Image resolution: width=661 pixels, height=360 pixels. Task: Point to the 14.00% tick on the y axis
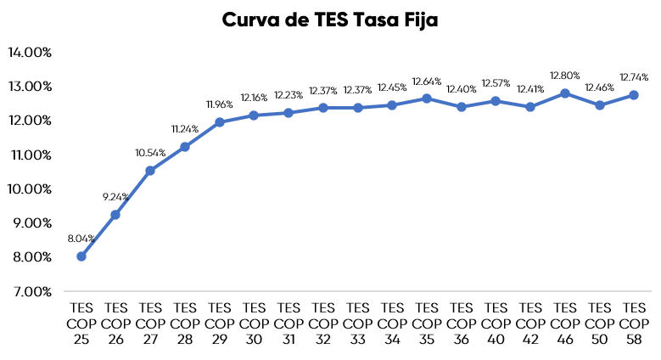30,52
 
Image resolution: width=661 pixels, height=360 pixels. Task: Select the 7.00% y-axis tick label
31,291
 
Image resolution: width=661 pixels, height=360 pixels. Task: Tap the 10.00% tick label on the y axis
30,188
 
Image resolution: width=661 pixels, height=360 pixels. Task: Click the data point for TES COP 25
81,256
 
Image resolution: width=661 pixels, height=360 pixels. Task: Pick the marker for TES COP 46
565,93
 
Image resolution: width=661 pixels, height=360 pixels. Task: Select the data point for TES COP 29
220,122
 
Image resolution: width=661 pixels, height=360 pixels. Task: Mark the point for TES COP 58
634,95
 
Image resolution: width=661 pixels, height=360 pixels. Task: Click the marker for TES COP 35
427,98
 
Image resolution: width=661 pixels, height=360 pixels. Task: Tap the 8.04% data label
81,239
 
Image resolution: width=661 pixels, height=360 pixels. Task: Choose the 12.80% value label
565,76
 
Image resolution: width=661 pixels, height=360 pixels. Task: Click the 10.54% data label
150,153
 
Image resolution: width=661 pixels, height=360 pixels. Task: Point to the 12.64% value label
427,82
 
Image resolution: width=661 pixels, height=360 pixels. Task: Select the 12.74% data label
634,78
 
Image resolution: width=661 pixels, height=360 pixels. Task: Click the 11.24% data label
185,129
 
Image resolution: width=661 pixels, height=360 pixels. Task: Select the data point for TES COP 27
150,171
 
